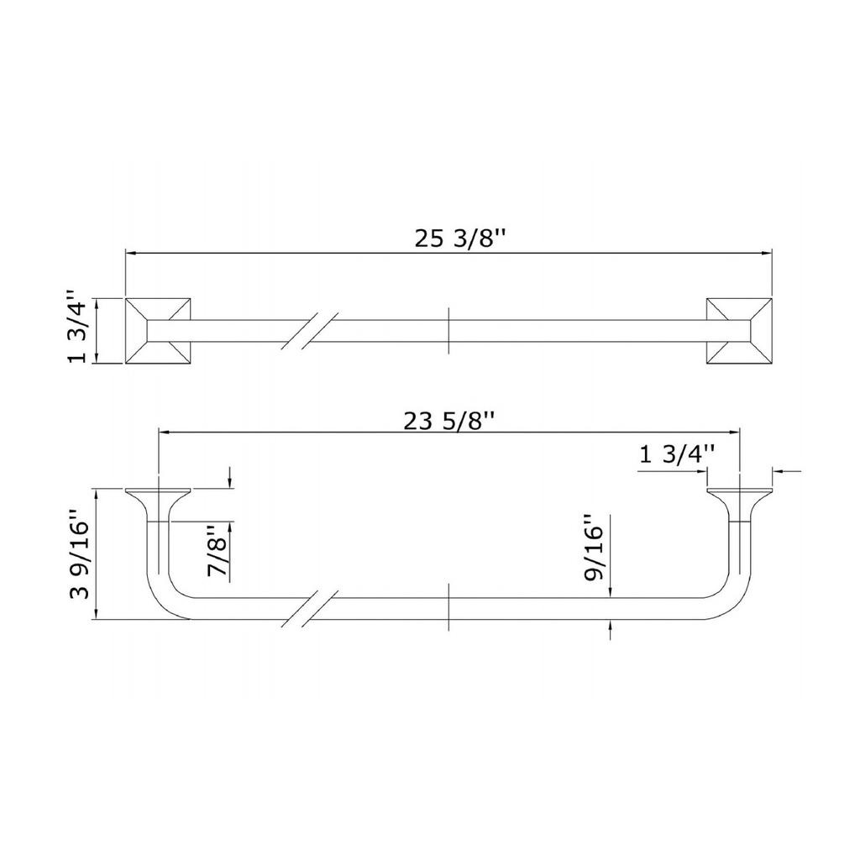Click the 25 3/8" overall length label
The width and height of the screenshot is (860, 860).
point(459,239)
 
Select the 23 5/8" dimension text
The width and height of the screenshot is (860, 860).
point(449,422)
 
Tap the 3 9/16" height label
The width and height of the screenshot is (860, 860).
point(80,554)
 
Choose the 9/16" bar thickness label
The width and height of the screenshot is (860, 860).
point(593,547)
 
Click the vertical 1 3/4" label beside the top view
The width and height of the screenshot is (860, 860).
point(77,327)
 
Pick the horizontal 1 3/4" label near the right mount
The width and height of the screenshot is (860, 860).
point(678,455)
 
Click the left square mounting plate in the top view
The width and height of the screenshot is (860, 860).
point(158,331)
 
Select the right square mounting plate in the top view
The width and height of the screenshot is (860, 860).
point(739,331)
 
